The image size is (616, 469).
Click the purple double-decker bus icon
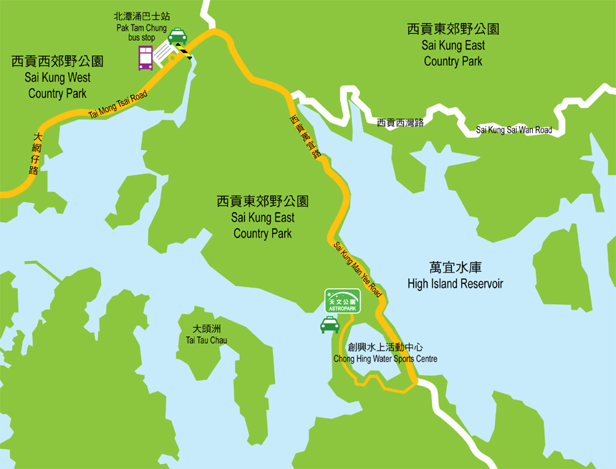pyautogui.click(x=145, y=57)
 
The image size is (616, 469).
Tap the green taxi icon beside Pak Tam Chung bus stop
pyautogui.click(x=177, y=35)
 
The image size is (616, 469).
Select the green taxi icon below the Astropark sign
pyautogui.click(x=329, y=326)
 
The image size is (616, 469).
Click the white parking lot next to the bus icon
pyautogui.click(x=165, y=53)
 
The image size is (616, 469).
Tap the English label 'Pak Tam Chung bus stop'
pyautogui.click(x=140, y=33)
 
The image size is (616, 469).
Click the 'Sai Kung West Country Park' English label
pyautogui.click(x=57, y=85)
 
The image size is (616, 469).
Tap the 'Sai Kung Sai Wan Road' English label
pyautogui.click(x=514, y=130)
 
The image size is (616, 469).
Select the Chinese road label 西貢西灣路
pyautogui.click(x=400, y=123)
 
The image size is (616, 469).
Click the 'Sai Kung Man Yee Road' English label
pyautogui.click(x=358, y=270)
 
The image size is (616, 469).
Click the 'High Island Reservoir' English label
pyautogui.click(x=455, y=284)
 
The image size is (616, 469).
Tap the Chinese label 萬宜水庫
pyautogui.click(x=455, y=265)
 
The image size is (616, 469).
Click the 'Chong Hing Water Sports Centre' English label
pyautogui.click(x=385, y=359)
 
